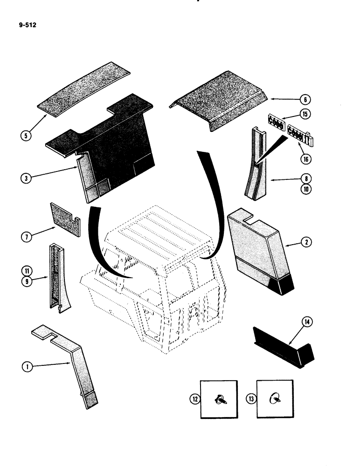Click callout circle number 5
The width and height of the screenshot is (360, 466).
[x=27, y=137]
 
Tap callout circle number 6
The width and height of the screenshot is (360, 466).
[x=304, y=99]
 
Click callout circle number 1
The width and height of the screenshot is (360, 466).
[x=27, y=367]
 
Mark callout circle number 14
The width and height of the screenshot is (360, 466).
[x=308, y=322]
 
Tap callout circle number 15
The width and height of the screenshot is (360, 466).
[x=305, y=114]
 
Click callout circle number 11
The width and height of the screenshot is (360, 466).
[x=27, y=270]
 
